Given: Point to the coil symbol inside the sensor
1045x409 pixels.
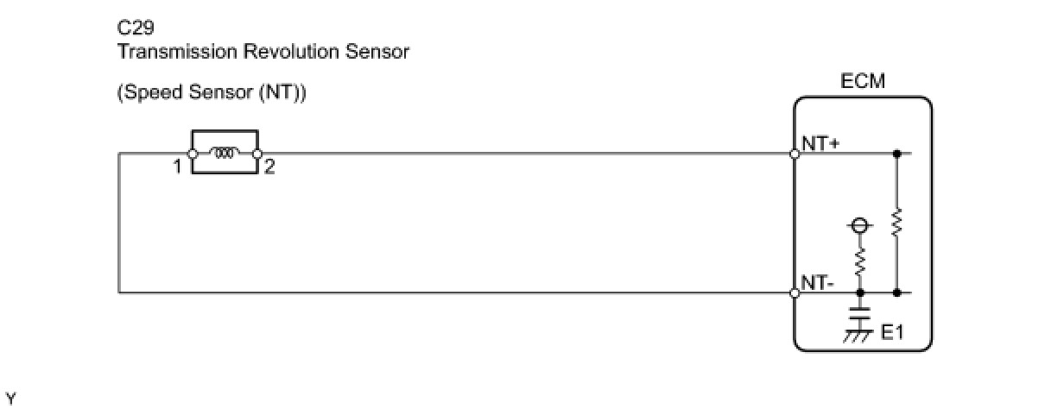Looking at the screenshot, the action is tap(225, 154).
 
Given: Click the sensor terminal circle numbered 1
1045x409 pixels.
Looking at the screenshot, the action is tap(192, 154).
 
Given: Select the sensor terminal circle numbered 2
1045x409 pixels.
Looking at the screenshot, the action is tap(257, 154).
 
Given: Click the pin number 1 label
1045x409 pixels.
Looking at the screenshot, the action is tap(177, 167).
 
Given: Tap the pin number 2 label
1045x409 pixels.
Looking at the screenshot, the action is tap(269, 167).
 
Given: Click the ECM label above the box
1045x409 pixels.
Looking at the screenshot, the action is tap(863, 82).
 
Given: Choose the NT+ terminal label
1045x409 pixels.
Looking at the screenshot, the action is tap(820, 144).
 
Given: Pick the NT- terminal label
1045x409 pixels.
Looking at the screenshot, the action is tap(817, 281).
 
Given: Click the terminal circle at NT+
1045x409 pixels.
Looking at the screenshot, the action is tap(795, 154).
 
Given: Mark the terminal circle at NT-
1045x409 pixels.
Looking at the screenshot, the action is tap(795, 293).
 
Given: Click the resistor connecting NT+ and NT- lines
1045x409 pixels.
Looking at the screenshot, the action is tap(897, 223).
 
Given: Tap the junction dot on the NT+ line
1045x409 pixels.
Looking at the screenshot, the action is tap(897, 154).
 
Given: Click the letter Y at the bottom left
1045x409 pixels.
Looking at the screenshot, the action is tap(10, 398).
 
